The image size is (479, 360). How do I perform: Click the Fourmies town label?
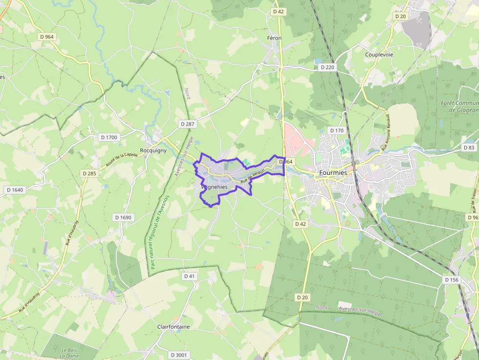point(332,173)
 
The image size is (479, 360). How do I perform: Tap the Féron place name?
point(275,38)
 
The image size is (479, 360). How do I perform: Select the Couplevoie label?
point(379,55)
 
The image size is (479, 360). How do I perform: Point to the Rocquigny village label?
point(153,150)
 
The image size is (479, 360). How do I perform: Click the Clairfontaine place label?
point(174,326)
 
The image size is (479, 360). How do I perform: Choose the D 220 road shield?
point(327,67)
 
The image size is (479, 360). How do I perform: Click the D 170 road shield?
point(337,130)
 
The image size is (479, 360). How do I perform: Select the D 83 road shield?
point(469,148)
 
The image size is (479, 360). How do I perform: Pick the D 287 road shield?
point(187,124)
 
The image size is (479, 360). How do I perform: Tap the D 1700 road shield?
point(109,137)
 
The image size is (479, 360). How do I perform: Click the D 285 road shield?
point(89,173)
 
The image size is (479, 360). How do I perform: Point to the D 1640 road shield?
point(15,190)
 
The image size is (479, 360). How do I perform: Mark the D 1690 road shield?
point(124,217)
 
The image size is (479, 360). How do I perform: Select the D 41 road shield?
point(190,276)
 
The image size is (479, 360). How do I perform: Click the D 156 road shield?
point(452,280)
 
